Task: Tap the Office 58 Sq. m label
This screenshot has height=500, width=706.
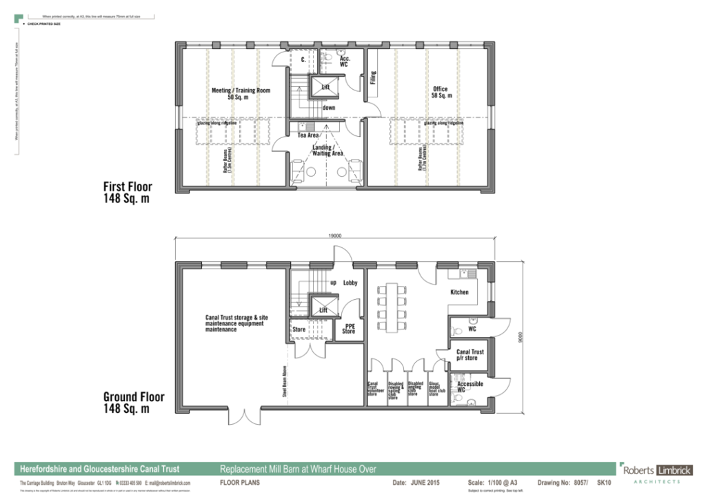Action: coord(441,93)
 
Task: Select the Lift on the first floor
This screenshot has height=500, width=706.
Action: coord(325,88)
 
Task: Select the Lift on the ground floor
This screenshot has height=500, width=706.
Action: coord(322,310)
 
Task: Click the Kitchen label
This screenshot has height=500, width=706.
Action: coord(459,292)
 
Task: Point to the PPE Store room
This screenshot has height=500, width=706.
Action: coord(349,329)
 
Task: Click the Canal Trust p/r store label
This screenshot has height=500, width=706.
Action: coord(470,355)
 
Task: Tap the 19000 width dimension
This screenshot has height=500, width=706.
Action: coord(336,236)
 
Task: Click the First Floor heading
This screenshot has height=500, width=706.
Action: coord(128,193)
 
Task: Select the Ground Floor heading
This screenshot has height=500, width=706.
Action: coord(134,403)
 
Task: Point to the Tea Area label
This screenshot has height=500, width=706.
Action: coord(307,135)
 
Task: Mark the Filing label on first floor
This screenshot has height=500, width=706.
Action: coord(373,79)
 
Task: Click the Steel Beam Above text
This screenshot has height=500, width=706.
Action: coord(283,381)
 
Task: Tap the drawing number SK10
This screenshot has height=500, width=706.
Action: coord(604,483)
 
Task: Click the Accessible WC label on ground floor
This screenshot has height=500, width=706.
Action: coord(470,387)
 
